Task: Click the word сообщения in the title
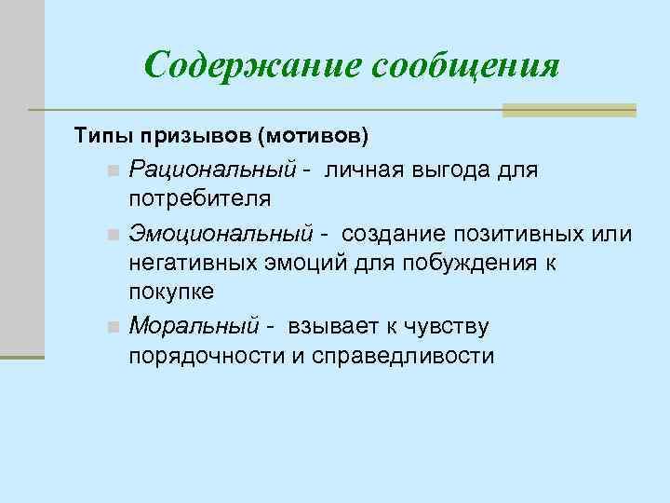(x=465, y=66)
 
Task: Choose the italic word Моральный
(x=194, y=326)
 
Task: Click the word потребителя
(x=200, y=199)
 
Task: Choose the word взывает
(x=339, y=326)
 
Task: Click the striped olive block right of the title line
(x=569, y=109)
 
